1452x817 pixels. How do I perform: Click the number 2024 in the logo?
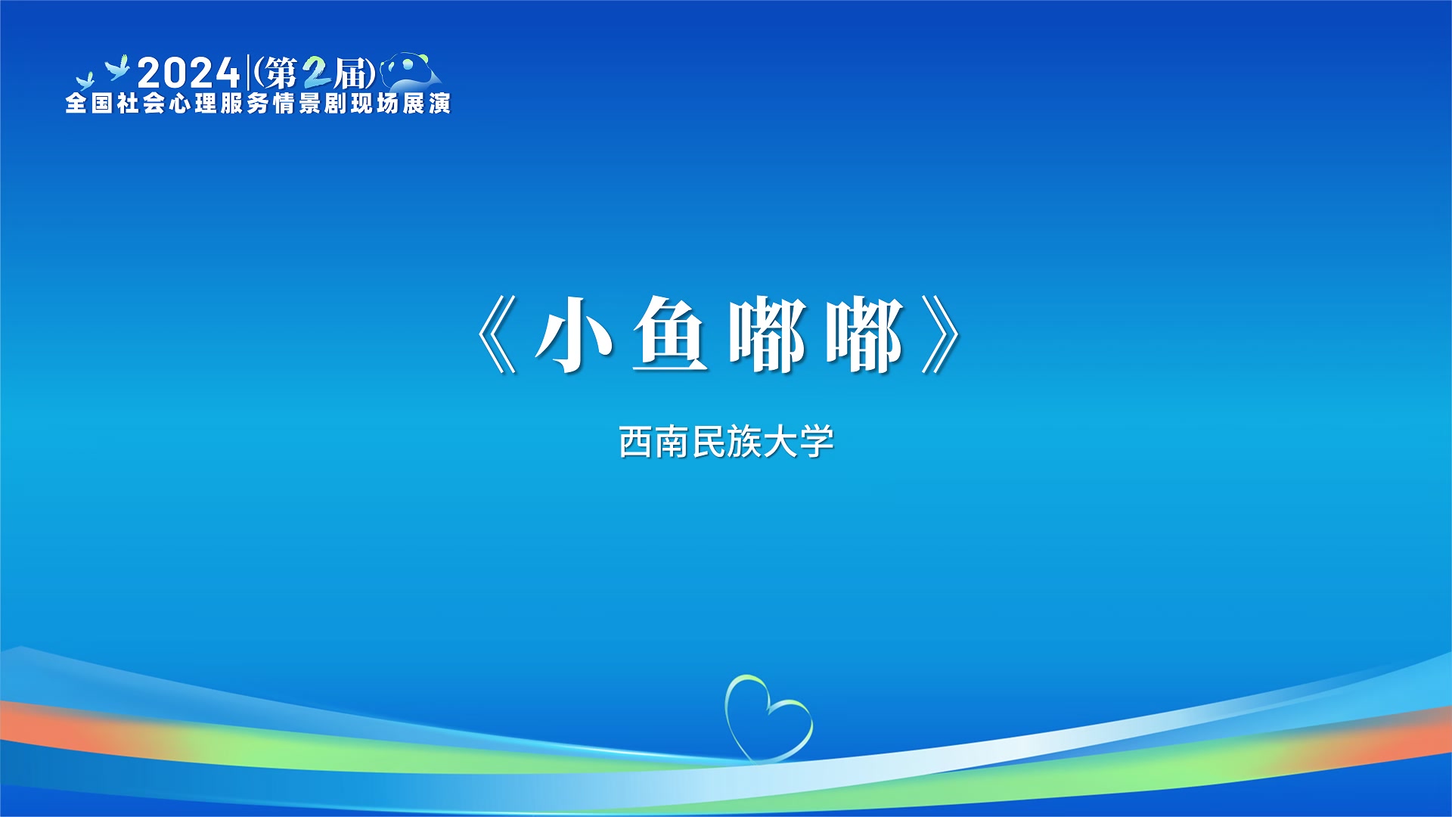click(x=189, y=73)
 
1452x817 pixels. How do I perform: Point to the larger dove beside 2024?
click(x=117, y=67)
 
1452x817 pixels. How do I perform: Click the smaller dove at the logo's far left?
click(x=85, y=81)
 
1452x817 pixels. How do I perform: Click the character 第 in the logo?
click(x=281, y=73)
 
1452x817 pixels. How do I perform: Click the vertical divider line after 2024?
click(x=248, y=73)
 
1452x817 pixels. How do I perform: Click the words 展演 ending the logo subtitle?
click(x=427, y=104)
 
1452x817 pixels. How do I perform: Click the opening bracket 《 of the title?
click(x=497, y=334)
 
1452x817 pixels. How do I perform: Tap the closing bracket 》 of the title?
click(x=942, y=334)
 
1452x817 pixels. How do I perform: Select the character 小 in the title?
click(x=575, y=334)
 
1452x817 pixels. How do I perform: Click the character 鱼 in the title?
click(x=671, y=334)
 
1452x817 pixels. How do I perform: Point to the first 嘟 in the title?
click(x=768, y=334)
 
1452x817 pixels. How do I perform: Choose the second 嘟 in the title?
click(x=864, y=334)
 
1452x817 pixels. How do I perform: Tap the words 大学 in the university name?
click(x=799, y=442)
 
